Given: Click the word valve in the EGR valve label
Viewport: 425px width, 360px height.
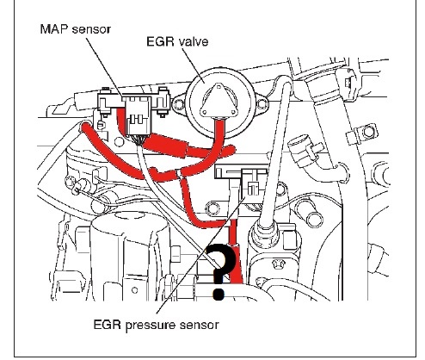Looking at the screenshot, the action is coord(194,42).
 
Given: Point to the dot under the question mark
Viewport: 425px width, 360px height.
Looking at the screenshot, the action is coord(219,294).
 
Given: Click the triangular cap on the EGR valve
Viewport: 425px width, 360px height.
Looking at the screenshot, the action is coord(219,101).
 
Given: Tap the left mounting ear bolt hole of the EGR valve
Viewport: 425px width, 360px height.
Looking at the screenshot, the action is coord(179,104).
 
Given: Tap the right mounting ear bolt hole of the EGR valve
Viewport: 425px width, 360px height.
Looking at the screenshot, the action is coord(262,104).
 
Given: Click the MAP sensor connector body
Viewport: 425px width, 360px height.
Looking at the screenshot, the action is coord(139,115).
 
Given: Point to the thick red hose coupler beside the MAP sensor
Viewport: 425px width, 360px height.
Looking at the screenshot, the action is coord(166,146).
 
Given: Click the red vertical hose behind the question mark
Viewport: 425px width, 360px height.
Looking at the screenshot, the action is coord(236,252).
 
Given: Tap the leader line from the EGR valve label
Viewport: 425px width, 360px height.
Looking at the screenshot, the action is coord(194,65).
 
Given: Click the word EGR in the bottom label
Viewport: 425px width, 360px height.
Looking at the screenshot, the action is coord(108,326).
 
